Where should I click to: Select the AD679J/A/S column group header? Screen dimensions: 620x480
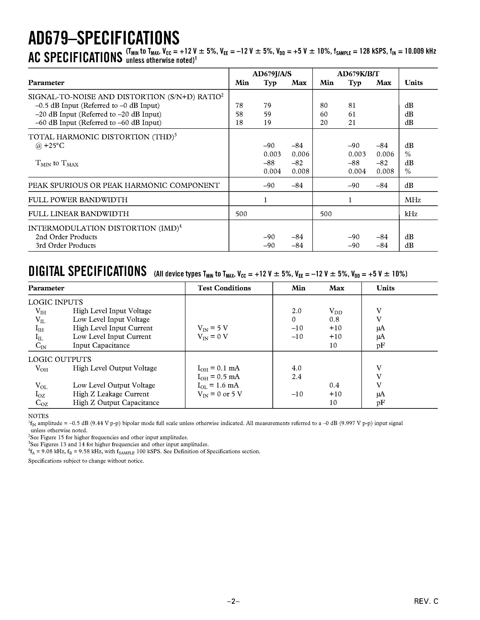pos(272,74)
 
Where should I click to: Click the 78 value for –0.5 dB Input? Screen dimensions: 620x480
pos(239,106)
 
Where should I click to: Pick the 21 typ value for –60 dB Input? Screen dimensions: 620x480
pos(352,123)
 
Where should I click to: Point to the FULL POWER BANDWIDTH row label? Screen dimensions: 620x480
pos(78,200)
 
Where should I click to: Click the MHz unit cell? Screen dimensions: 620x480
pos(413,200)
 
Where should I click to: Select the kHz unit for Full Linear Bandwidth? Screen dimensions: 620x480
pos(411,214)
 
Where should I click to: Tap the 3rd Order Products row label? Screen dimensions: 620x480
pos(66,246)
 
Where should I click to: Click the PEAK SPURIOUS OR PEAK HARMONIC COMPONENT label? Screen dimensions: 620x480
pos(124,186)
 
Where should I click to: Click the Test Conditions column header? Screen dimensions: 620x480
pos(224,288)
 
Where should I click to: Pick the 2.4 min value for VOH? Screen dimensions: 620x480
pos(297,377)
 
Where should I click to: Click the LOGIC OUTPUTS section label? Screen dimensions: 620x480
pos(59,359)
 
